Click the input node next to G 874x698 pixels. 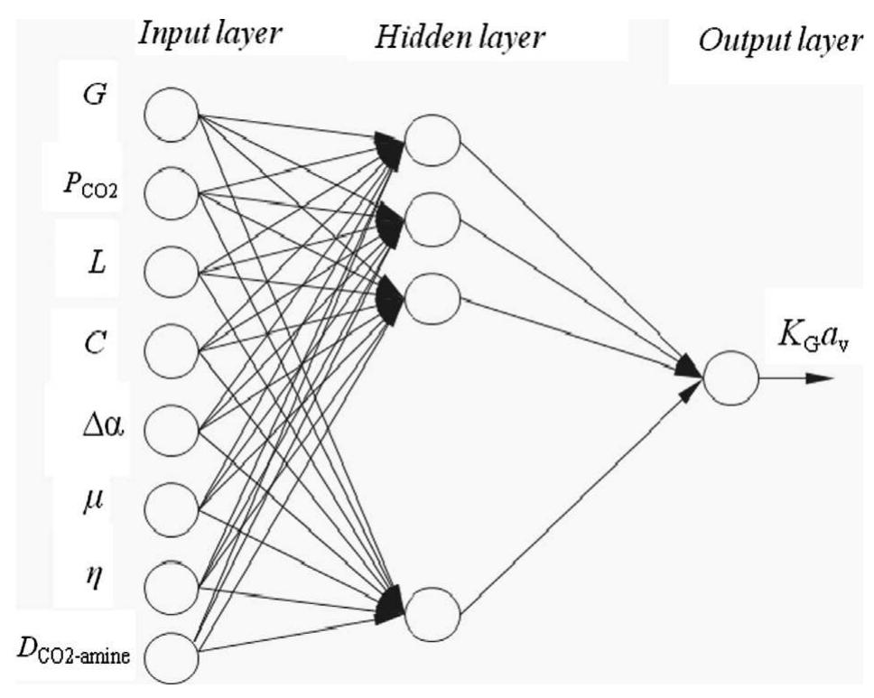(x=172, y=115)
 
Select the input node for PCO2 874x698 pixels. (x=172, y=191)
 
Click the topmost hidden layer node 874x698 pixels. (x=432, y=142)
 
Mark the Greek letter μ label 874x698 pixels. (x=96, y=498)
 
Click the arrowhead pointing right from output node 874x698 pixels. (x=818, y=377)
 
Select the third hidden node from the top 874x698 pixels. (x=432, y=296)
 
